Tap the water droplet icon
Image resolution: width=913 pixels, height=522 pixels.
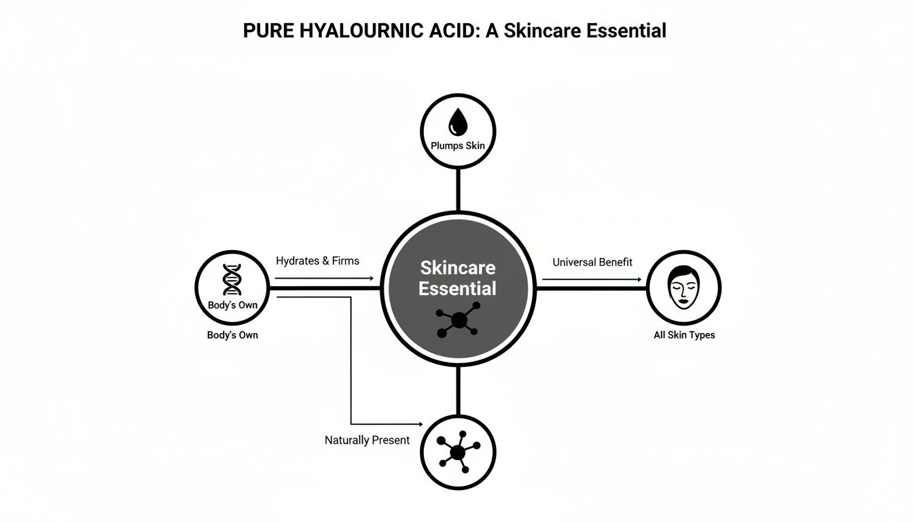click(x=458, y=124)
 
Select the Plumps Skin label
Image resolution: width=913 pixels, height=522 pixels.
click(x=458, y=145)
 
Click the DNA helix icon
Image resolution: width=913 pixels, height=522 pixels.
click(x=232, y=280)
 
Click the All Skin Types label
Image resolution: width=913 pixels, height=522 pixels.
click(x=684, y=335)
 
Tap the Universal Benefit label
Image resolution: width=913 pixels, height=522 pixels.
click(x=592, y=262)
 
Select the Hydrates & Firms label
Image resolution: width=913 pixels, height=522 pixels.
click(x=317, y=260)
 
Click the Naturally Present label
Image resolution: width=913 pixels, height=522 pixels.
click(x=367, y=440)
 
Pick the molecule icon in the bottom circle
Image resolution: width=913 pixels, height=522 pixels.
click(x=459, y=452)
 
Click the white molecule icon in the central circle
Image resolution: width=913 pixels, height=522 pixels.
click(x=458, y=319)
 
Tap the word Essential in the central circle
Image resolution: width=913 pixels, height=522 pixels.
click(x=457, y=288)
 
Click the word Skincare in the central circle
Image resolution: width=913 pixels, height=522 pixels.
click(x=458, y=266)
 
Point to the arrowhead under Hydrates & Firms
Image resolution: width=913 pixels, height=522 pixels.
click(x=371, y=279)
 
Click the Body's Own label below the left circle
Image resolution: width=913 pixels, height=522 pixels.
click(x=232, y=335)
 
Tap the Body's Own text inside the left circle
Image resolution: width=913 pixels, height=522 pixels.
click(x=232, y=305)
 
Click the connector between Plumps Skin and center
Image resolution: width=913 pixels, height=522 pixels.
click(x=459, y=189)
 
